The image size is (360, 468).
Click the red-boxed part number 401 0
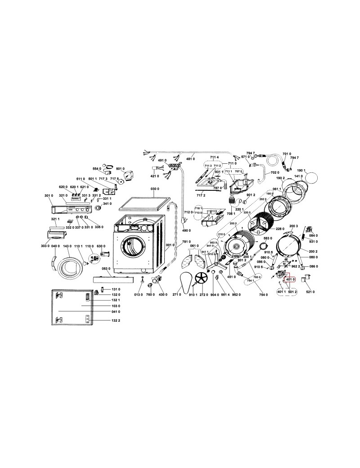coord(290,279)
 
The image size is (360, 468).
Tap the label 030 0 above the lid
coord(155,189)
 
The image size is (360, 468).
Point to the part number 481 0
coord(190,158)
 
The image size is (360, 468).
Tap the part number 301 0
coord(49,196)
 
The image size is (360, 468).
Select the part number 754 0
coord(264,294)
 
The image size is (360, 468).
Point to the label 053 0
coord(106,269)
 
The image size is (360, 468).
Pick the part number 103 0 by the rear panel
coord(103,306)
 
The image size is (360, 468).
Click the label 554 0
coord(97,168)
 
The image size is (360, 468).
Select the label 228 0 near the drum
coord(279,229)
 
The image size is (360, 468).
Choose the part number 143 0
coord(67,246)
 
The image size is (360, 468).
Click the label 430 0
coord(162,294)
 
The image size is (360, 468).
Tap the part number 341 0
coord(107,204)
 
